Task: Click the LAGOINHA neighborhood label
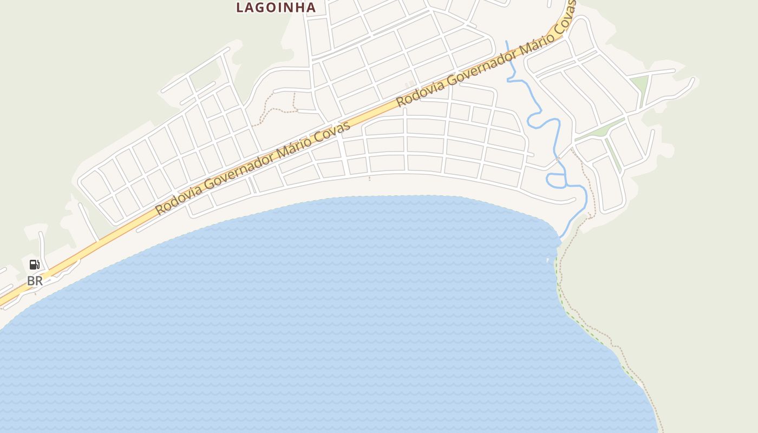click(276, 8)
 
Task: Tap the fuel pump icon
click(35, 265)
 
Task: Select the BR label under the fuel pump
click(35, 281)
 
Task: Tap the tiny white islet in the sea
click(548, 260)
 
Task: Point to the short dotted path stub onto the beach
click(370, 178)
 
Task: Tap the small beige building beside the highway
click(410, 85)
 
